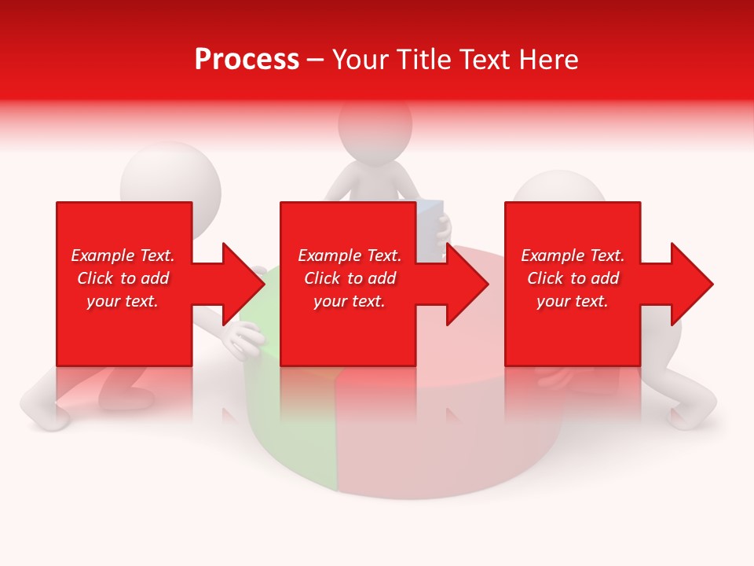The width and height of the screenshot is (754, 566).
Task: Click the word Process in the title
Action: [x=247, y=60]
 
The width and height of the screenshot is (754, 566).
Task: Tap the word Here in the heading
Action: [x=547, y=60]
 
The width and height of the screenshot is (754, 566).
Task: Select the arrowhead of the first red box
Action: [x=243, y=284]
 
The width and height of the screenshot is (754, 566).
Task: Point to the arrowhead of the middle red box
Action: [x=467, y=284]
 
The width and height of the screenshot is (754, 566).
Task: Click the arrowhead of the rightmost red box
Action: [x=691, y=284]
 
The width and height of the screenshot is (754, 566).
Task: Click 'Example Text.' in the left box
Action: [x=123, y=255]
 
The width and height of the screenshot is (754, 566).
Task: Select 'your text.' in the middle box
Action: [x=349, y=301]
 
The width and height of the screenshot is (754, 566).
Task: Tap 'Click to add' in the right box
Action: [x=573, y=278]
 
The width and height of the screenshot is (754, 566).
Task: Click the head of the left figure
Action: [x=169, y=173]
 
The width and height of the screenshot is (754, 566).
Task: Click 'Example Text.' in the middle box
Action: [x=349, y=255]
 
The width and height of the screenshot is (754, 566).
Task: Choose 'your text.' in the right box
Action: [x=573, y=301]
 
